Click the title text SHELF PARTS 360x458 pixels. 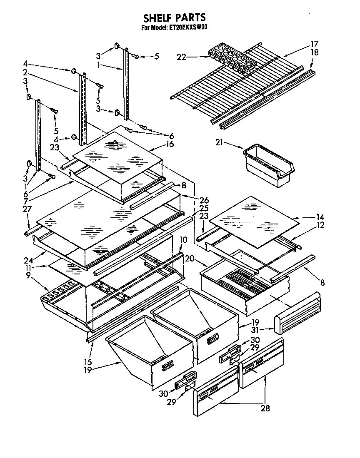click(174, 18)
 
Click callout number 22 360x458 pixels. click(181, 57)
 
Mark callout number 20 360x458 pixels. click(190, 259)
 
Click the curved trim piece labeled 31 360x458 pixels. click(298, 312)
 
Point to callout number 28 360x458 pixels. click(265, 408)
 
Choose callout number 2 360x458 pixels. click(25, 72)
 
